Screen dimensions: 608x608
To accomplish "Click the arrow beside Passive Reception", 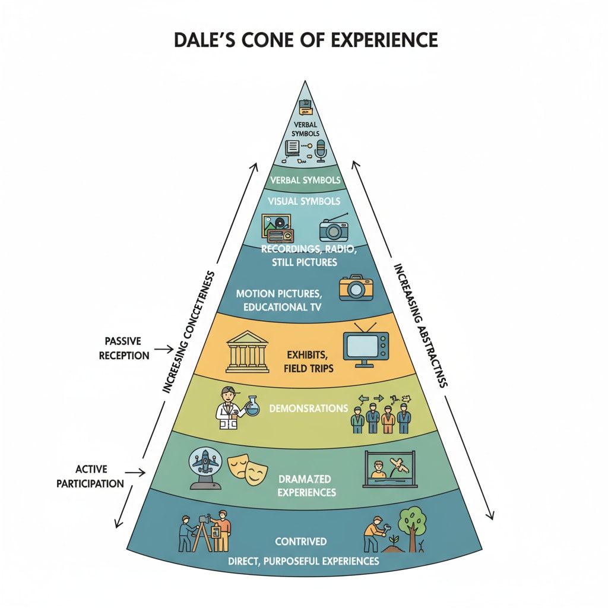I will click(x=160, y=350).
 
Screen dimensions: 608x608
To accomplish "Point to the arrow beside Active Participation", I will click(x=135, y=473).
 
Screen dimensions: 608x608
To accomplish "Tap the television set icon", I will click(x=365, y=349).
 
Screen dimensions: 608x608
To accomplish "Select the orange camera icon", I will click(x=356, y=288).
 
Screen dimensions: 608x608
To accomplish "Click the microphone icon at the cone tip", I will click(x=321, y=150).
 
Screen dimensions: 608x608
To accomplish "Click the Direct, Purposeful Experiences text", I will click(x=303, y=560).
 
